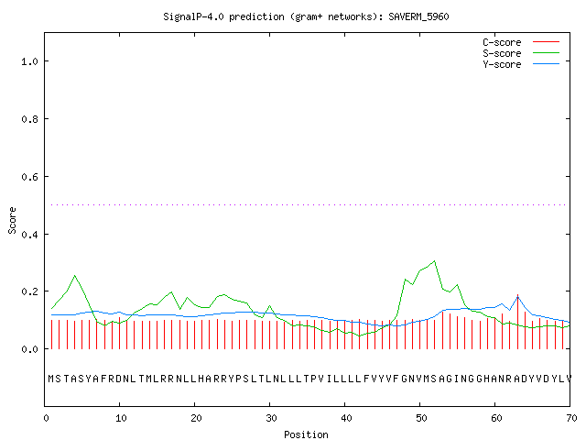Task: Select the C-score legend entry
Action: click(x=521, y=42)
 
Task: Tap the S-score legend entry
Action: click(x=521, y=53)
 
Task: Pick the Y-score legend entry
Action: click(x=521, y=64)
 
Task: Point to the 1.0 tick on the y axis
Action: click(x=30, y=61)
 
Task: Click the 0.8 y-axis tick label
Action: click(x=30, y=119)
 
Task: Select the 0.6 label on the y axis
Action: click(x=30, y=177)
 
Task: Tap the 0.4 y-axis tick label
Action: click(x=30, y=235)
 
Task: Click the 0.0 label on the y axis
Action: click(x=30, y=349)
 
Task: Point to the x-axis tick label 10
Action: click(x=121, y=418)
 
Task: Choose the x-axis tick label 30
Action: click(x=271, y=418)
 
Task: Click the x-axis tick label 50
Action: click(x=421, y=418)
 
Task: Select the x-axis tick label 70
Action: click(x=571, y=418)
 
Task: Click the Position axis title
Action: click(x=306, y=434)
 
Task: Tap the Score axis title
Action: click(x=12, y=221)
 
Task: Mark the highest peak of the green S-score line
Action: click(x=434, y=260)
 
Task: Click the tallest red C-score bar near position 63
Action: click(x=517, y=322)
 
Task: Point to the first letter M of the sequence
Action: click(x=51, y=379)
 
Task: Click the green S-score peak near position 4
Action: click(x=75, y=276)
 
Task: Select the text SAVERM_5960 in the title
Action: click(x=418, y=16)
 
